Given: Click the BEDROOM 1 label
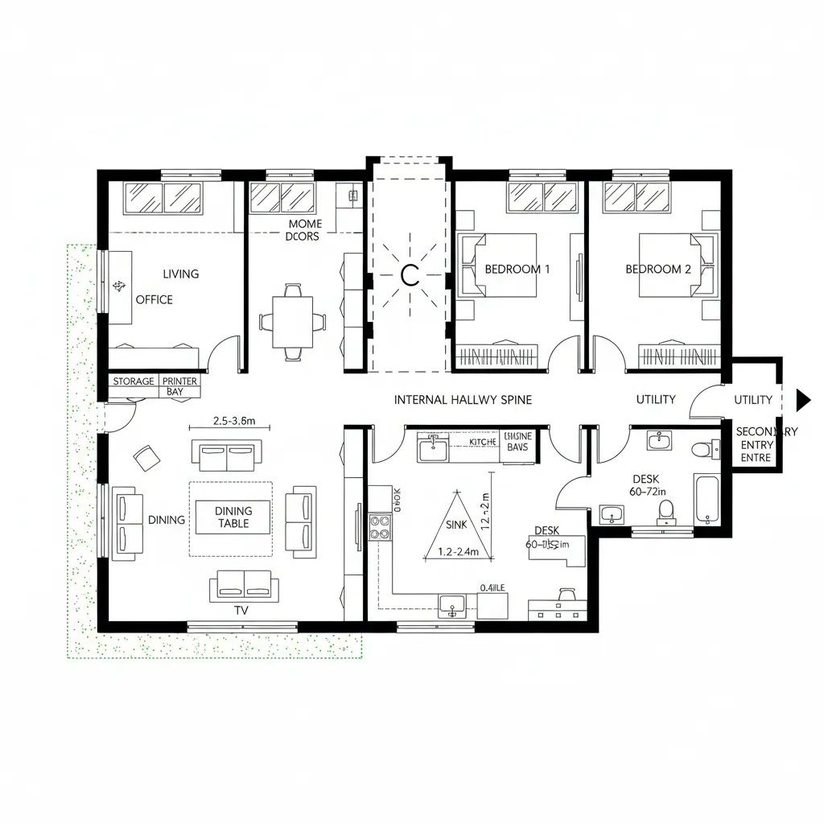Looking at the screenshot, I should click(517, 270).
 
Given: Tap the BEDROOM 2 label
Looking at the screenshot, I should click(657, 270).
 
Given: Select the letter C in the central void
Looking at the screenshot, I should click(409, 276).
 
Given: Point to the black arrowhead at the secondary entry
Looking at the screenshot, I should click(802, 399).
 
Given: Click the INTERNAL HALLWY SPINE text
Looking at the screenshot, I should click(463, 399).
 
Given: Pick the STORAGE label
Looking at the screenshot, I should click(134, 381).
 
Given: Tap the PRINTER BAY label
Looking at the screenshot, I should click(179, 386).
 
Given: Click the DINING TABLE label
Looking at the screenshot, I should click(233, 517).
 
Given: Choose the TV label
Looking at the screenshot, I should click(241, 611).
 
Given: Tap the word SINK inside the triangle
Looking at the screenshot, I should click(455, 524).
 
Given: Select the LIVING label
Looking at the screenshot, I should click(180, 274).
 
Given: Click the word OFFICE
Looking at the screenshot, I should click(154, 299).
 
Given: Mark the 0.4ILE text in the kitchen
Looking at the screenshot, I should click(492, 587).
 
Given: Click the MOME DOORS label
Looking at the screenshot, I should click(303, 230).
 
